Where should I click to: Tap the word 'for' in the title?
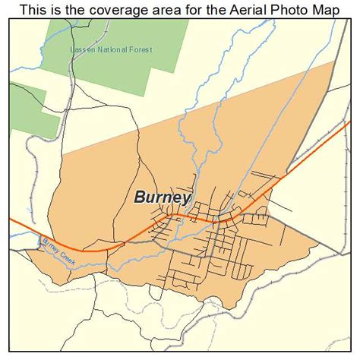click(x=189, y=9)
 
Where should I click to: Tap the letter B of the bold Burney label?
click(x=140, y=197)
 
